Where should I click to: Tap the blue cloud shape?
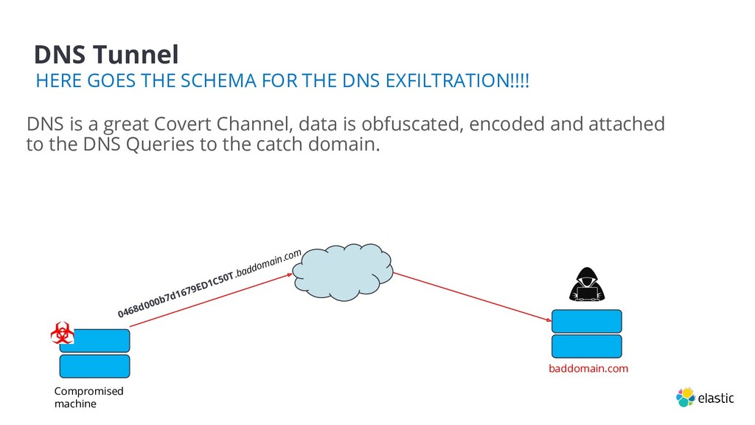343,270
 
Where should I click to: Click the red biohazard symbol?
62,334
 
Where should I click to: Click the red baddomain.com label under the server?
588,368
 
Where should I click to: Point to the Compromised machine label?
88,397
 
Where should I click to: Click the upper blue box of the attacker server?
586,321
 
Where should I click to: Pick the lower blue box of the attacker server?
586,346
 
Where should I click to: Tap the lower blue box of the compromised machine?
94,366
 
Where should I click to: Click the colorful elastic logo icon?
685,397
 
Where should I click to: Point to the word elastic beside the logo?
716,398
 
